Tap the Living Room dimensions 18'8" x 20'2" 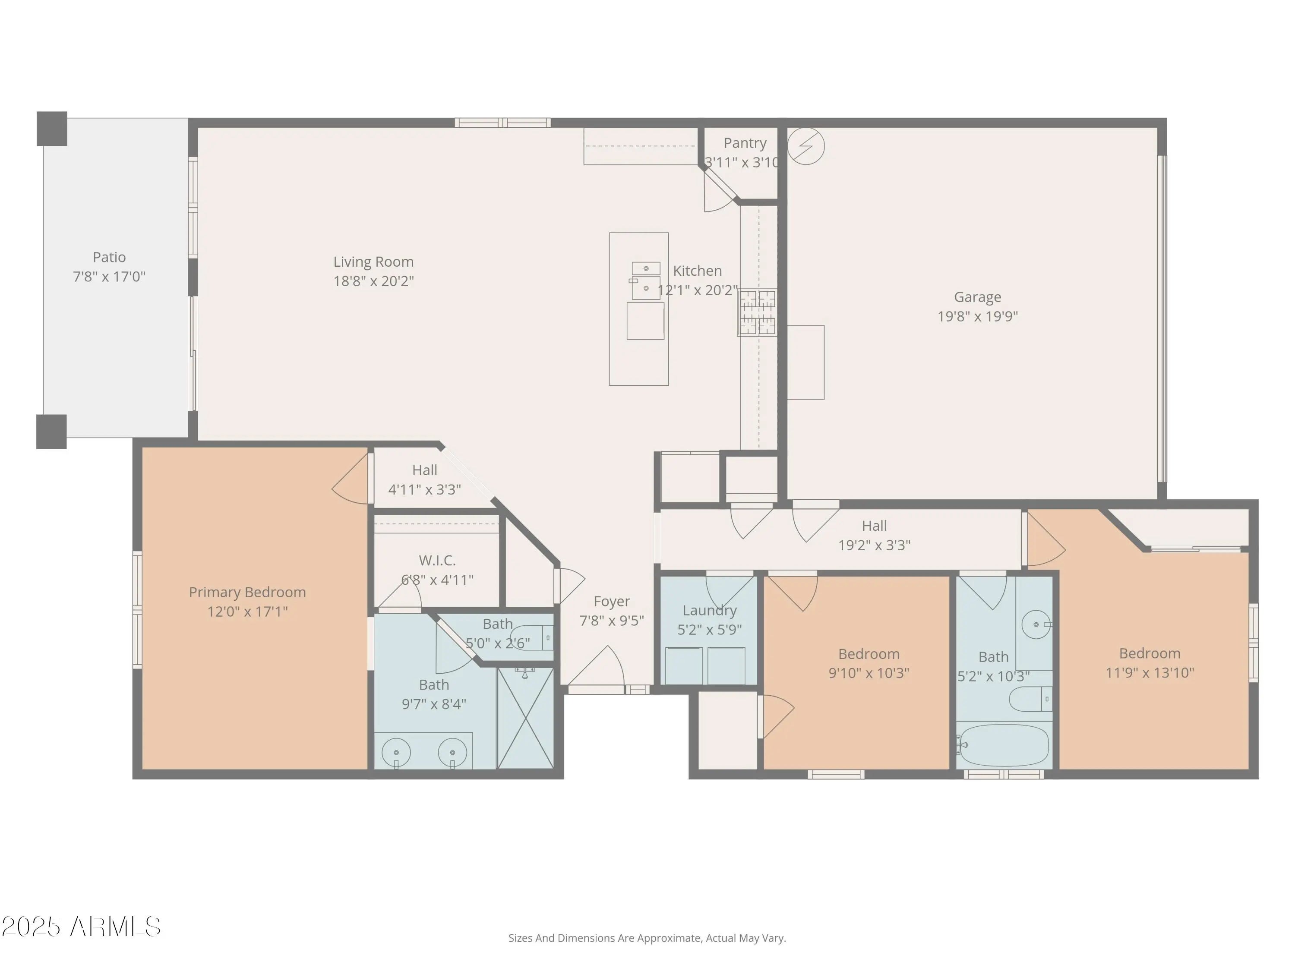[373, 281]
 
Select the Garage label [978, 297]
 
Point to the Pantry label [745, 143]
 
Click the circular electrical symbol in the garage [806, 146]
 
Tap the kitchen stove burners [758, 312]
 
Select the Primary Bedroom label [247, 593]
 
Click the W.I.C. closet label [437, 561]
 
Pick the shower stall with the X [525, 718]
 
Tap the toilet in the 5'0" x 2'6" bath [531, 637]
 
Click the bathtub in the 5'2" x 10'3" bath [1004, 745]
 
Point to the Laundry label [710, 611]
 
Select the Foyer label [612, 602]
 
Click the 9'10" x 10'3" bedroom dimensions [869, 673]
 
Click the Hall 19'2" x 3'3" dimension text [875, 545]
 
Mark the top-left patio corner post [52, 129]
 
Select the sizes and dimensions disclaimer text [647, 938]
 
